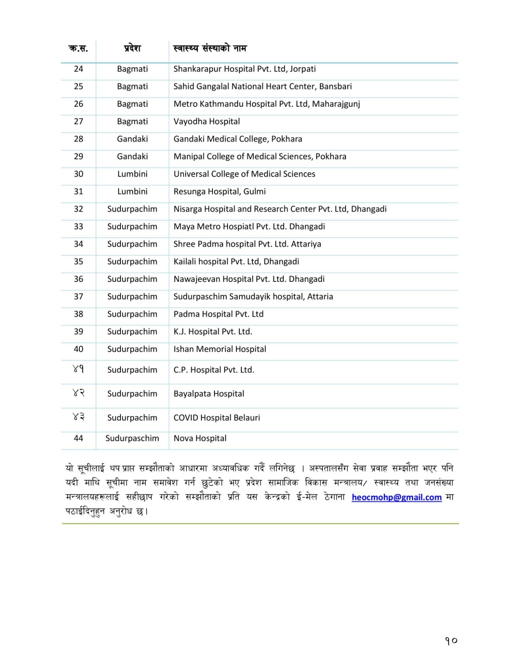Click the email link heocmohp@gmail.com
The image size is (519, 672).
(x=396, y=497)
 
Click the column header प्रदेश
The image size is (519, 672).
(x=132, y=48)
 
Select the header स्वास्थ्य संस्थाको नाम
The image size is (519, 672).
(x=210, y=48)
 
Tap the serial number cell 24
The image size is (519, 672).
(x=79, y=69)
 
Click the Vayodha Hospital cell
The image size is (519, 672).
(x=207, y=121)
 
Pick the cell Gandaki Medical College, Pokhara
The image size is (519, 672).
(x=238, y=139)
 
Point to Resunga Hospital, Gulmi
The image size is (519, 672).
(x=220, y=192)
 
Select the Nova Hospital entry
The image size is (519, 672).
(x=200, y=438)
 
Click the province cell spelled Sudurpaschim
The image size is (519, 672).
(x=132, y=438)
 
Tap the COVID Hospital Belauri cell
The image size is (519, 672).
(x=217, y=418)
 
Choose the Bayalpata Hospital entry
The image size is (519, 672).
(x=209, y=394)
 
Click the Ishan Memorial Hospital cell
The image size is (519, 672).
(x=220, y=349)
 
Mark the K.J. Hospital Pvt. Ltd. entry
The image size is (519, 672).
(x=213, y=332)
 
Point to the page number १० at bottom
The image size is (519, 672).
(x=451, y=641)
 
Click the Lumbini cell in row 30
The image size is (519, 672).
(x=132, y=174)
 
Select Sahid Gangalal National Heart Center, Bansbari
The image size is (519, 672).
(x=262, y=87)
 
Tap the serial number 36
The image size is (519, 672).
(x=79, y=279)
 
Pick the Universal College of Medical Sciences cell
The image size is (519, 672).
(x=244, y=174)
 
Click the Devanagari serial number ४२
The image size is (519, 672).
(x=79, y=393)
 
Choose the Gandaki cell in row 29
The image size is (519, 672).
(x=132, y=157)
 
